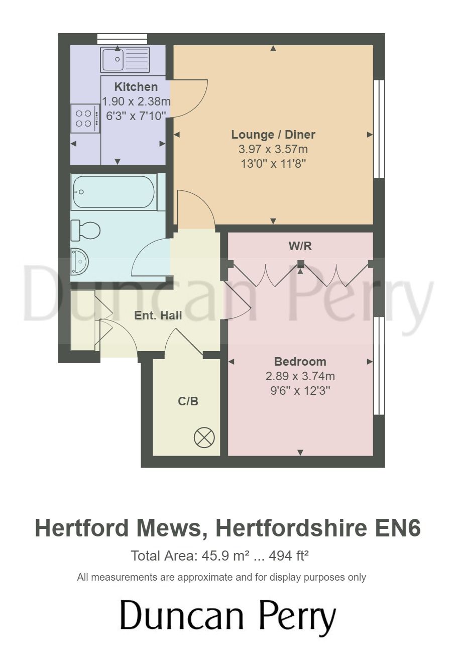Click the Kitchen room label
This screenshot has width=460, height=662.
coord(136,86)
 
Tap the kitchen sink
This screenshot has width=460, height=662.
coord(125,60)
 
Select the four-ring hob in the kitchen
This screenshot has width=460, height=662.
coord(84,119)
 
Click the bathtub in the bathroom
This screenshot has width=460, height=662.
coord(113,192)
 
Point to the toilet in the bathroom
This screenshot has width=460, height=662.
coord(86,231)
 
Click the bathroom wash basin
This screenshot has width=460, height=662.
coord(79,262)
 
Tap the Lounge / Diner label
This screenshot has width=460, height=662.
coord(273,135)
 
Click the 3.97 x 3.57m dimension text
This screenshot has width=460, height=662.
coord(273,149)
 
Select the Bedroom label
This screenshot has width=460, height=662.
coord(300,362)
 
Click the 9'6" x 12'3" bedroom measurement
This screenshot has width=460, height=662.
coord(300,391)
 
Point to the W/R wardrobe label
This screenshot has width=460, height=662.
coord(300,246)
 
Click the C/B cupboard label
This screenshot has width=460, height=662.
coord(188,401)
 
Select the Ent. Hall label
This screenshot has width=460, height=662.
coord(158,315)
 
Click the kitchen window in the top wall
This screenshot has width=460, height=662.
coord(122,39)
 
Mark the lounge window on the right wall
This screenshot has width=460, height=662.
coord(379,129)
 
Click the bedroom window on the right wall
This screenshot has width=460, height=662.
coord(379,366)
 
